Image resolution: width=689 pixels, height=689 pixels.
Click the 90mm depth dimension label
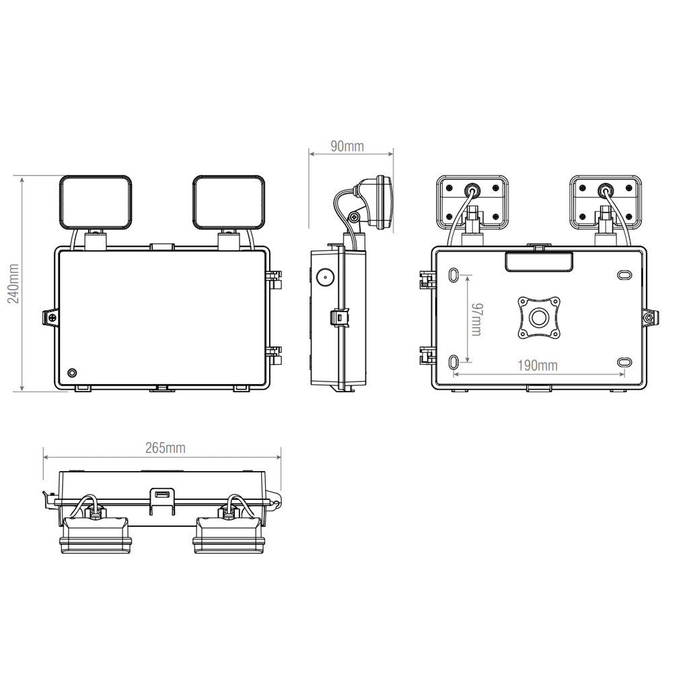pyautogui.click(x=347, y=146)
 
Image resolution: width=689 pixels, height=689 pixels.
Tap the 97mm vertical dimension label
pyautogui.click(x=476, y=320)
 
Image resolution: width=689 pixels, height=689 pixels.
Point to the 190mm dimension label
pyautogui.click(x=537, y=366)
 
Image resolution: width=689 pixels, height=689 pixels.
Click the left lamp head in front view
pyautogui.click(x=96, y=201)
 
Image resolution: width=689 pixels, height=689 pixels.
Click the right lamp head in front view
pyautogui.click(x=229, y=201)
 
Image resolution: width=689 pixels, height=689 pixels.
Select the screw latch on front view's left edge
pyautogui.click(x=49, y=317)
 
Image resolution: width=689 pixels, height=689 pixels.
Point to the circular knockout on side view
pyautogui.click(x=326, y=277)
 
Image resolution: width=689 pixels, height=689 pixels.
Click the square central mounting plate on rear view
pyautogui.click(x=538, y=318)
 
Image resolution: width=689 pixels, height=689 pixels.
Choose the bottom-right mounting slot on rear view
pyautogui.click(x=624, y=362)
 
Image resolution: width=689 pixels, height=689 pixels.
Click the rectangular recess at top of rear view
pyautogui.click(x=538, y=262)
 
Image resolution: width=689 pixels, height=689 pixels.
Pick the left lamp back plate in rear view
pyautogui.click(x=471, y=201)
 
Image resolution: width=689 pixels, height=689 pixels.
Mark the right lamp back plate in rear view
pyautogui.click(x=604, y=201)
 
